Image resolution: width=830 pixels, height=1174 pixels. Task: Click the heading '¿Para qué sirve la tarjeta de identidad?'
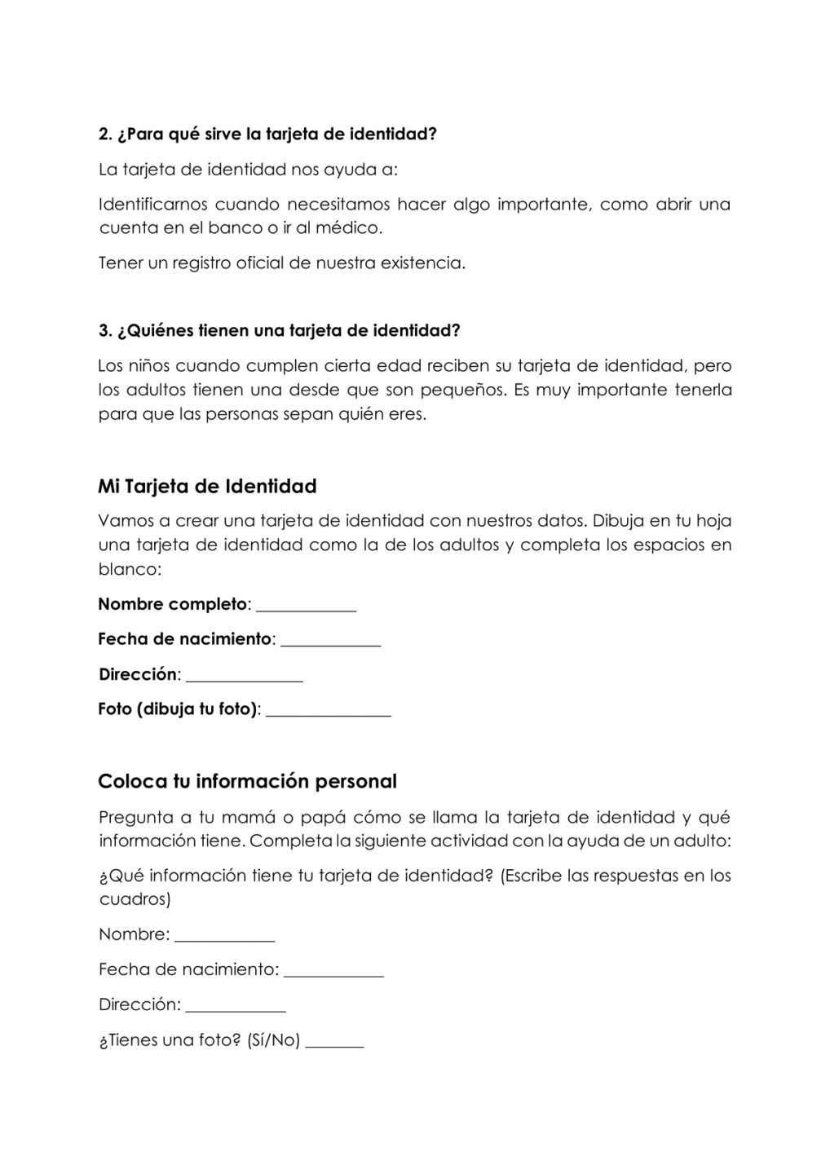pos(267,135)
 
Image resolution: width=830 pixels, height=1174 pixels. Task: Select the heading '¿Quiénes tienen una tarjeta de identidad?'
pos(279,331)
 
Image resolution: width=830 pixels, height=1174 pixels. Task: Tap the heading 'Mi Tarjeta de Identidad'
pos(207,487)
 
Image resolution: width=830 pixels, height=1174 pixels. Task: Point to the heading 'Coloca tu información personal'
pos(247,782)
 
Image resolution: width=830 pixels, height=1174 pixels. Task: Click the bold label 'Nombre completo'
pos(172,605)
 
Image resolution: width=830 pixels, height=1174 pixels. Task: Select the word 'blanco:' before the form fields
pos(130,569)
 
